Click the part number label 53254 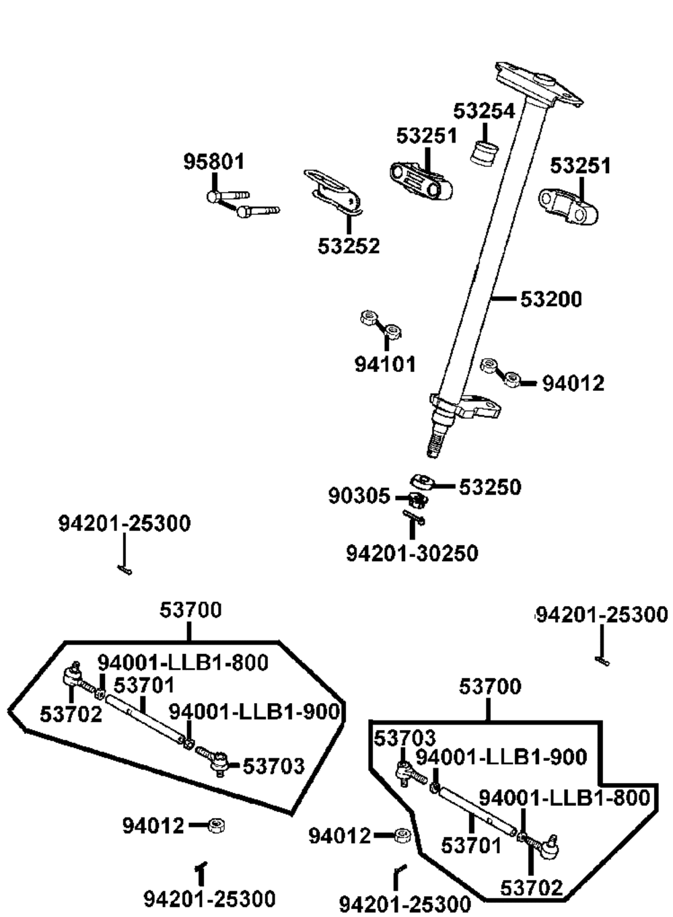484,111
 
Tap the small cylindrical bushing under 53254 485,153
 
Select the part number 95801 213,161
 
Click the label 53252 349,246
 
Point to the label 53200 551,299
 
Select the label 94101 385,364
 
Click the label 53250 490,487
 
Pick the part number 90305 359,497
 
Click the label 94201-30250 412,554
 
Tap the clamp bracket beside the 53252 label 333,192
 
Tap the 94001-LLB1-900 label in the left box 254,712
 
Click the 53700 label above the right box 490,686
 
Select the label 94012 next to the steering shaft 573,383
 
